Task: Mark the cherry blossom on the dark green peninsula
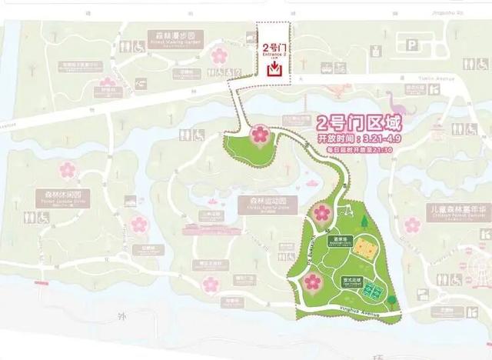click(x=260, y=135)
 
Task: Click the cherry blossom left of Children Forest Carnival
click(x=413, y=225)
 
